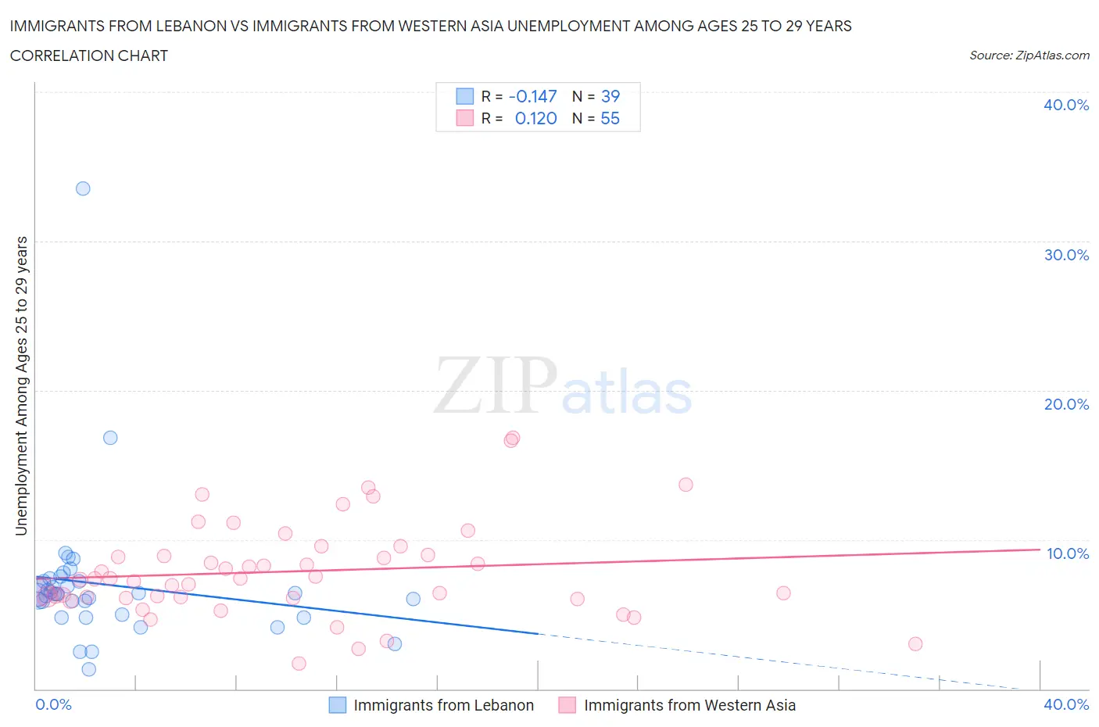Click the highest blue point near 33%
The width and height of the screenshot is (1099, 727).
(x=83, y=188)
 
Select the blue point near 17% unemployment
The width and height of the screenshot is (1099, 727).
(x=110, y=438)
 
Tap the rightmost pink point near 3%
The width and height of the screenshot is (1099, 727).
(x=915, y=644)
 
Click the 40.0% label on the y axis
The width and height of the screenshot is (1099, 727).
(x=1066, y=105)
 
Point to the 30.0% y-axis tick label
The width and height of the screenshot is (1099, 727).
(x=1066, y=255)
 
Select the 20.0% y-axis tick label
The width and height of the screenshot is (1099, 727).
(x=1066, y=404)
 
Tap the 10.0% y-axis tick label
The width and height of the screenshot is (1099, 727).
(x=1068, y=553)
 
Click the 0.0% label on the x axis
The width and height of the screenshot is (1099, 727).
(x=53, y=704)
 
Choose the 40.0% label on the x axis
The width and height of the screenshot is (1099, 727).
(x=1066, y=704)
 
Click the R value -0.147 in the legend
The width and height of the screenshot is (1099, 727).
(x=532, y=96)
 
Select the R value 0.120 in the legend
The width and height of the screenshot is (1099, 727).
(x=535, y=118)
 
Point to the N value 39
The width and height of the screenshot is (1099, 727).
(x=610, y=96)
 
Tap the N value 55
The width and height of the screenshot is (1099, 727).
(x=610, y=118)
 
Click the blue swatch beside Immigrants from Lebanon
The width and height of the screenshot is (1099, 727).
(x=337, y=705)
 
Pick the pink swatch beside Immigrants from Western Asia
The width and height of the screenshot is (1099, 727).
(x=567, y=705)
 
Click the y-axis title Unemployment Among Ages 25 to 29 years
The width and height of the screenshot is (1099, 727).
(x=22, y=386)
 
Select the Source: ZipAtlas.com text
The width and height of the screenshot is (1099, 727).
(x=1029, y=56)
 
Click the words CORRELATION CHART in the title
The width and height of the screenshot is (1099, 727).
(x=89, y=56)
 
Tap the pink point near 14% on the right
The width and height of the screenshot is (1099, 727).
(x=686, y=485)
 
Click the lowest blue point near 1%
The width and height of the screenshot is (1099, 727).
(x=89, y=669)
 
